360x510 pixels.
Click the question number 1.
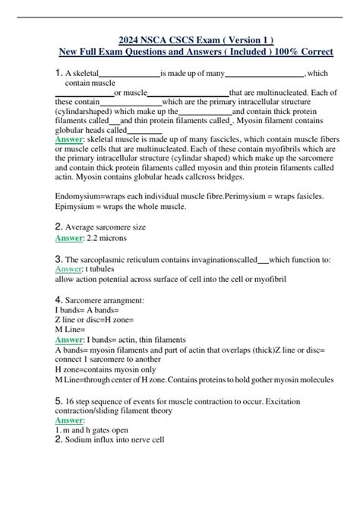tap(60, 73)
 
